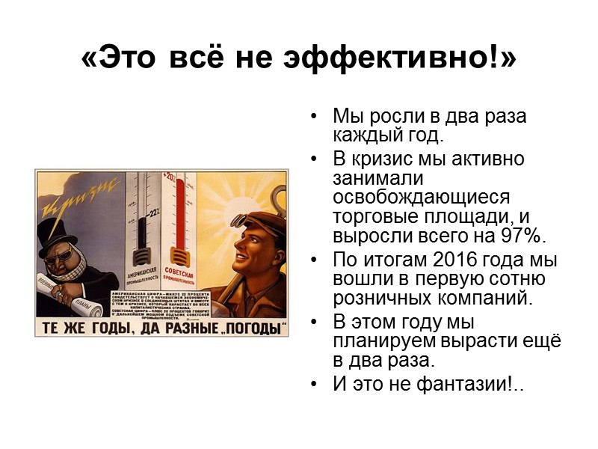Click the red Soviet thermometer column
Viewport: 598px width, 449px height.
coord(179,217)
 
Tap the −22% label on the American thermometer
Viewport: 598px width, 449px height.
coord(155,212)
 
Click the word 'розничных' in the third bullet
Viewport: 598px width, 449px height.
coord(381,299)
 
